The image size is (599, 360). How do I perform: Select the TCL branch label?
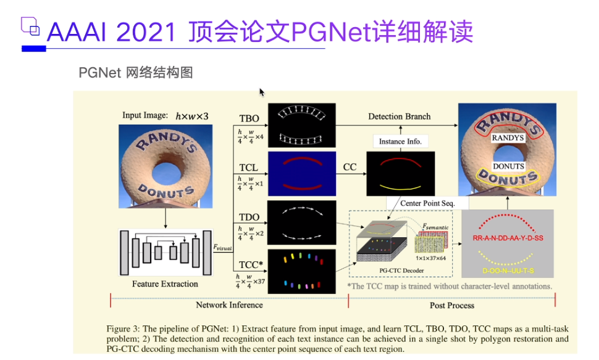click(x=249, y=167)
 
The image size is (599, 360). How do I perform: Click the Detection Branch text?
click(x=400, y=116)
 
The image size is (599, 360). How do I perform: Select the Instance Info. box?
click(x=400, y=141)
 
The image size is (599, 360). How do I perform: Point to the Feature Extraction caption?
click(x=165, y=284)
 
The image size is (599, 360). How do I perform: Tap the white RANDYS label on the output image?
click(x=508, y=138)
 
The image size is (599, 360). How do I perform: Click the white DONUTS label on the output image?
click(x=508, y=166)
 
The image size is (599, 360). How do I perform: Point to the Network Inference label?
click(x=229, y=305)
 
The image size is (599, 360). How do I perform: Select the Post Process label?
click(x=452, y=306)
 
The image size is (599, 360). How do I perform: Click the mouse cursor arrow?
click(x=262, y=92)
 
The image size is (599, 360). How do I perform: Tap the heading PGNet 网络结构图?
click(x=136, y=73)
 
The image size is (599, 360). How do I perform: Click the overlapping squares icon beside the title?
click(x=30, y=26)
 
